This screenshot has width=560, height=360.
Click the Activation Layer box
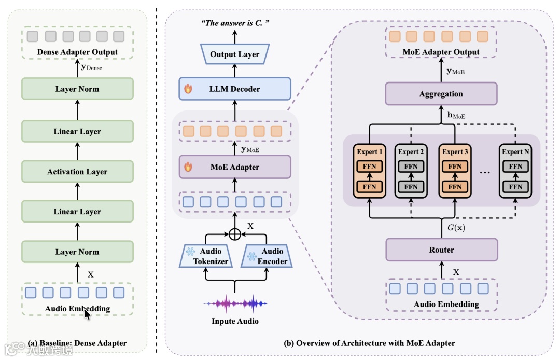77,172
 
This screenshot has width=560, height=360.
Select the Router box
441,250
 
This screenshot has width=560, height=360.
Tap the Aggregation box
441,94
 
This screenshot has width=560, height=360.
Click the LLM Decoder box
234,89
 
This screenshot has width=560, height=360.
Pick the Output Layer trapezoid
234,54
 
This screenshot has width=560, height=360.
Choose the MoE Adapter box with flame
234,167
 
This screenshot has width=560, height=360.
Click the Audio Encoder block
264,257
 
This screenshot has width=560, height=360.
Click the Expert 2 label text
411,152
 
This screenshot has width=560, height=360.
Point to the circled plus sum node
235,234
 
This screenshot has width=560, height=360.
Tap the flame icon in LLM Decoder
188,89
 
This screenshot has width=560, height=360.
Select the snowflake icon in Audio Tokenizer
190,252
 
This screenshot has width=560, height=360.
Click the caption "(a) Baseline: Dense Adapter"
77,343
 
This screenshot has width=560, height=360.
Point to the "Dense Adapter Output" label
77,52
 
